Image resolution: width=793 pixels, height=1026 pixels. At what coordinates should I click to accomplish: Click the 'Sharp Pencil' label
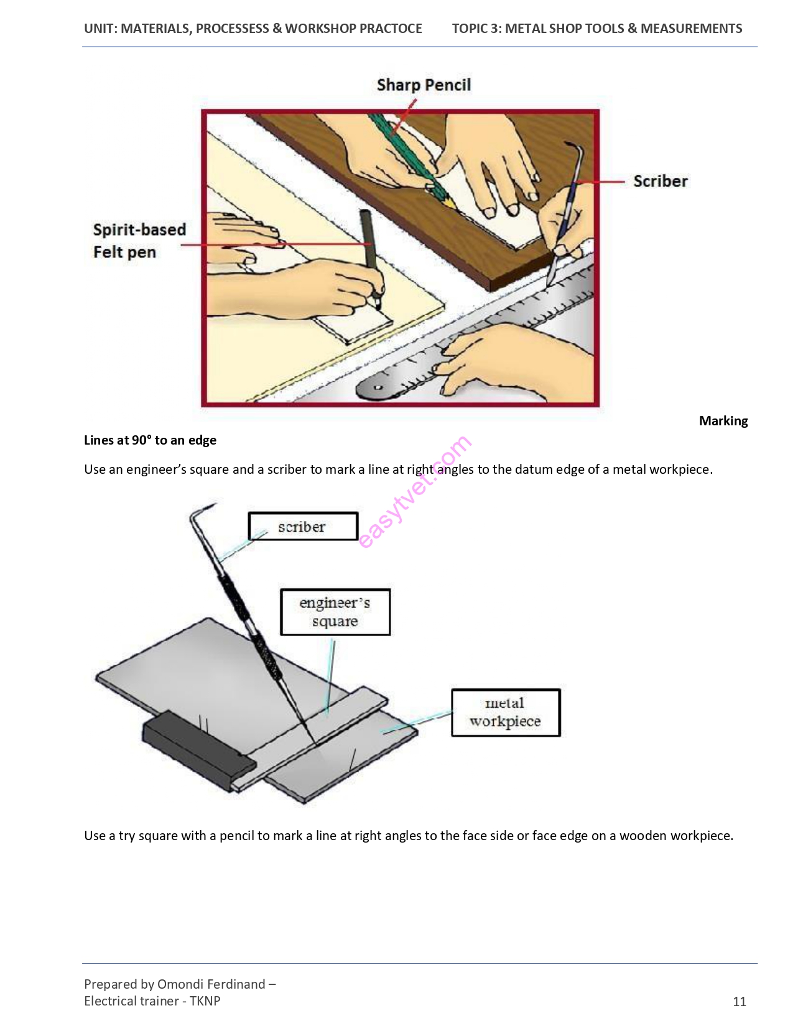424,85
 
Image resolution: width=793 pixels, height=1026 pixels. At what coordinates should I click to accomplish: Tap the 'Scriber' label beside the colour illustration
661,182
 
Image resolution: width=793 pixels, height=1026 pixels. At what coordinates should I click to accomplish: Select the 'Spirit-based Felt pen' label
139,241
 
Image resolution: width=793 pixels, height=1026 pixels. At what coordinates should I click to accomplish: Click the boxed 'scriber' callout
303,526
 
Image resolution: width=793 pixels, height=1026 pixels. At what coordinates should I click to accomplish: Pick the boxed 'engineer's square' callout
335,612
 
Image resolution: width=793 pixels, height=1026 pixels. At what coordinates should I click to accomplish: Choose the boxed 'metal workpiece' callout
506,713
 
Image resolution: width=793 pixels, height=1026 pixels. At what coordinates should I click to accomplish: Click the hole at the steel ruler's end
378,387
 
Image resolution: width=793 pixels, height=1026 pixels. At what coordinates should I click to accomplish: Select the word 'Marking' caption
723,421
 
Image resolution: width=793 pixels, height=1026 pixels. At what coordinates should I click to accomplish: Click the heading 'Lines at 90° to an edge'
150,440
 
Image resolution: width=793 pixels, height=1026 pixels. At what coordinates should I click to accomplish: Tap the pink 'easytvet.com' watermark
415,491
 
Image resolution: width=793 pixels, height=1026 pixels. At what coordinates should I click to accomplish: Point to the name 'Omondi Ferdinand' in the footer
211,984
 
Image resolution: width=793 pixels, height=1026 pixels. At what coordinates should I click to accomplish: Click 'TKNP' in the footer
205,1001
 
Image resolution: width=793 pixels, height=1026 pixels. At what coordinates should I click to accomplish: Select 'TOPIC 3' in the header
475,29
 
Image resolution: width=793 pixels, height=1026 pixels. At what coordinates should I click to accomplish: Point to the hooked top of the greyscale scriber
199,512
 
